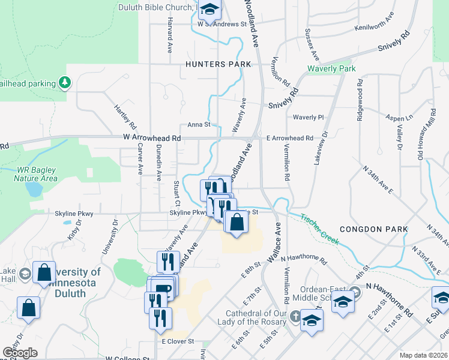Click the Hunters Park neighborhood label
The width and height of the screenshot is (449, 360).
pyautogui.click(x=218, y=64)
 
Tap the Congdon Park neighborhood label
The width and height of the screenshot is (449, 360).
pyautogui.click(x=373, y=229)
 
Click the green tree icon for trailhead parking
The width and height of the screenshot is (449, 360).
pyautogui.click(x=65, y=82)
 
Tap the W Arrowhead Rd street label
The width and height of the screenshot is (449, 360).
pyautogui.click(x=152, y=137)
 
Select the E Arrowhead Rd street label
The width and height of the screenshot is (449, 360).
pyautogui.click(x=290, y=138)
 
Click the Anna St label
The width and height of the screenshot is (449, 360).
pyautogui.click(x=199, y=125)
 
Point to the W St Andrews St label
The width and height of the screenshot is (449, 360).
pyautogui.click(x=221, y=25)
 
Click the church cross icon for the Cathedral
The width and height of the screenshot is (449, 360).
pyautogui.click(x=295, y=316)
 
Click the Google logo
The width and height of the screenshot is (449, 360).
pyautogui.click(x=20, y=353)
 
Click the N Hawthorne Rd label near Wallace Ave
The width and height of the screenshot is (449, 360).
pyautogui.click(x=303, y=259)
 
